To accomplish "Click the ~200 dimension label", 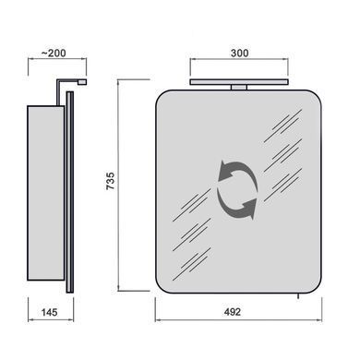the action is [54, 53].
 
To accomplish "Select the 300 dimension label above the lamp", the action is [239, 53].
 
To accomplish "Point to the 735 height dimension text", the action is [110, 181].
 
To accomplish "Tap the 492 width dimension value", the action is [233, 312].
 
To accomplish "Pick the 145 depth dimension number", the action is [49, 312].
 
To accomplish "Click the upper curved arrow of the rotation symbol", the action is [237, 171].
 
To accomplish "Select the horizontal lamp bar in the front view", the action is [239, 82].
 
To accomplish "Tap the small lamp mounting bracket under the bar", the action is [239, 88].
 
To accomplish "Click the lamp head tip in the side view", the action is [82, 82].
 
